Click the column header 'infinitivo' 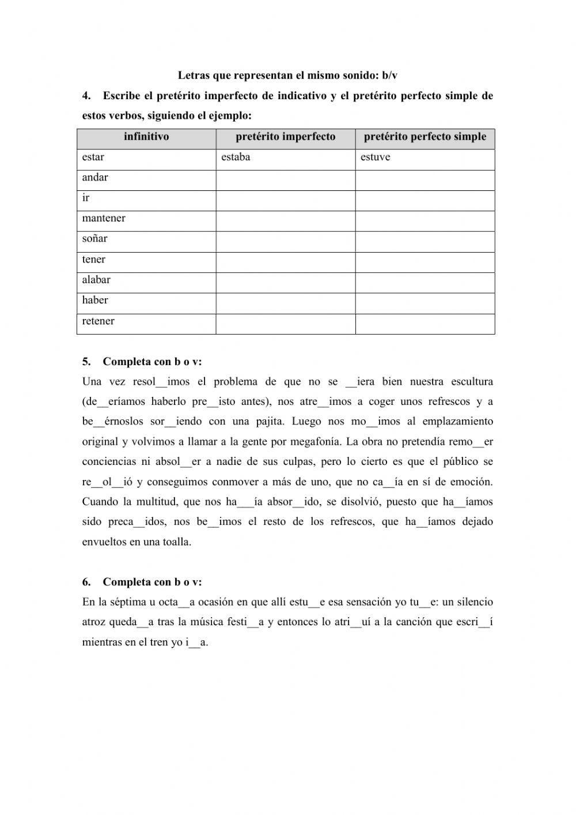[x=146, y=137]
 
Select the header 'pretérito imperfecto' [x=285, y=137]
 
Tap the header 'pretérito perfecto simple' [x=425, y=137]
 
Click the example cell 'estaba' [x=236, y=157]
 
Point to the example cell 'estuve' [x=375, y=157]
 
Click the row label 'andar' [x=95, y=178]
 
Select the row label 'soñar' [x=94, y=239]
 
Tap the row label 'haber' [x=95, y=300]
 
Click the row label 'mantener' [x=104, y=219]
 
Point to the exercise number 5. [x=86, y=362]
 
